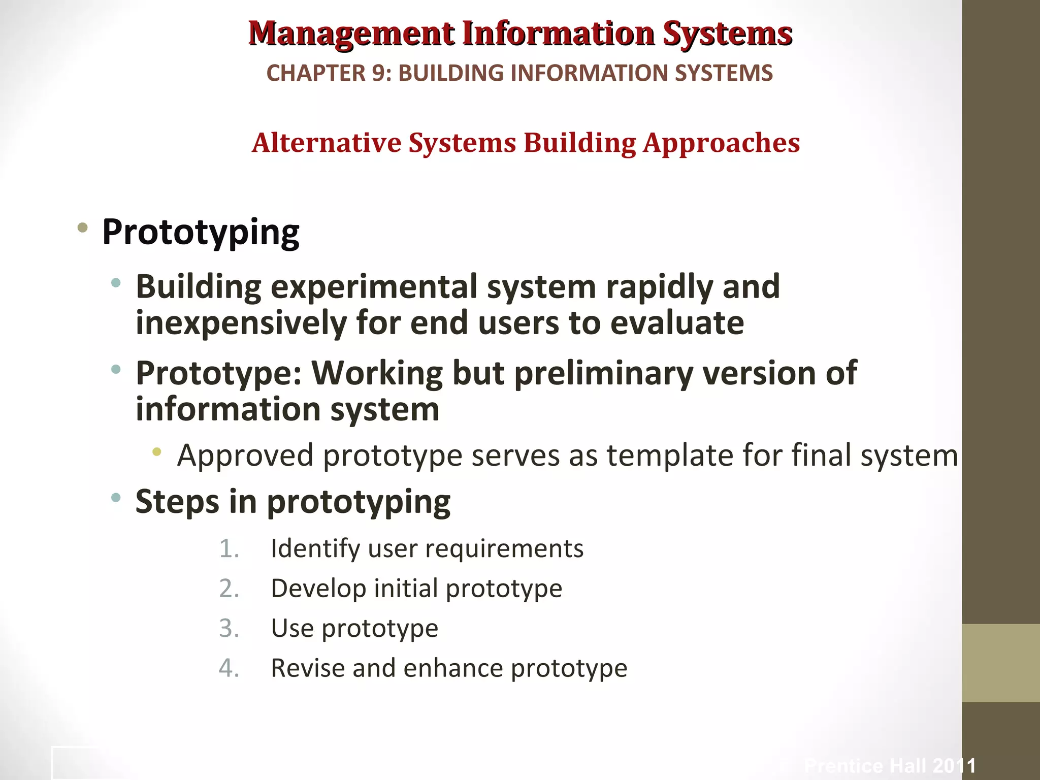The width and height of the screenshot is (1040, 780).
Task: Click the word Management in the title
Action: pos(351,34)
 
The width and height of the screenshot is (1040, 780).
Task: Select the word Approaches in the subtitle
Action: pos(721,144)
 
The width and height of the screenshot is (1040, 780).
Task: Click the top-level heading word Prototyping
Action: pos(201,233)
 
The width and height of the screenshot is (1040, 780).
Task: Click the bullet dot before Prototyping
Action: pos(82,227)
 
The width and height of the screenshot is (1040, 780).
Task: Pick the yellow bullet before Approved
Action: pos(157,451)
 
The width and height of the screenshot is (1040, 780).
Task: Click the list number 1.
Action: pos(229,549)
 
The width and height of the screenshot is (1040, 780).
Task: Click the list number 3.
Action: pos(229,629)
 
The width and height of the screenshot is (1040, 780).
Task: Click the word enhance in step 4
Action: pos(452,668)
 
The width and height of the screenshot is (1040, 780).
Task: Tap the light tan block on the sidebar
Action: pos(1000,663)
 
